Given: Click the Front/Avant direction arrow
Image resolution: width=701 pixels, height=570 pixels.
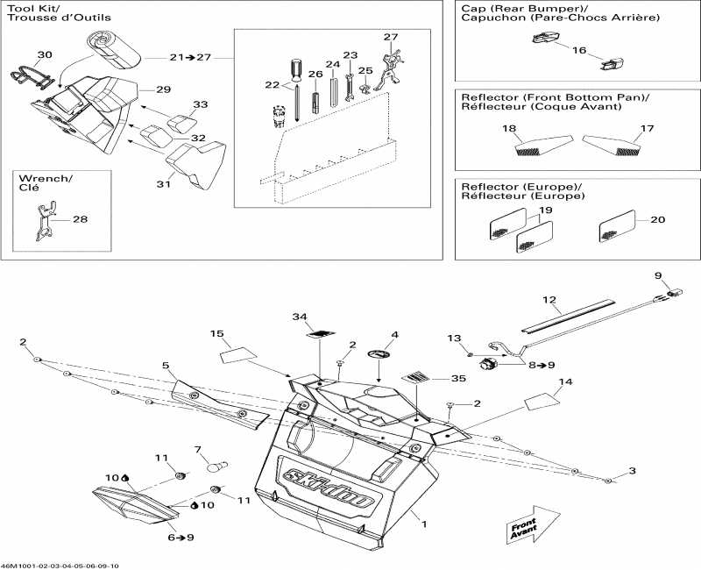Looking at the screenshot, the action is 533,524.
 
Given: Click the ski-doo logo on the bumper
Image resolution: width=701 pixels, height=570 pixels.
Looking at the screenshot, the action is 328,488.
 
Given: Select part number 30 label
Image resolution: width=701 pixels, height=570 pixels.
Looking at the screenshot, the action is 45,54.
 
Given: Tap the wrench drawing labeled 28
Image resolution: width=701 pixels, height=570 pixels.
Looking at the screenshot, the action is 46,221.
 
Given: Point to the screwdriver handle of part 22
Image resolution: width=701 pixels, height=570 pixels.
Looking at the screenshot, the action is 296,69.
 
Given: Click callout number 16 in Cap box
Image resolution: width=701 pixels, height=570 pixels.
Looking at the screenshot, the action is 579,50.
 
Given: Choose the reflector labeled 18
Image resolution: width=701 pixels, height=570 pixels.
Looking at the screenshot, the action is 543,145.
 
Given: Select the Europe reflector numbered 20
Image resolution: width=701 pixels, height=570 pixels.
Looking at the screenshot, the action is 617,226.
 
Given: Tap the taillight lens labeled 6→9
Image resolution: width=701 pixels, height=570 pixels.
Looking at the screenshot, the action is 133,506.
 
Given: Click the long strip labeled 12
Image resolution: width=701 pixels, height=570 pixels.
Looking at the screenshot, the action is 568,316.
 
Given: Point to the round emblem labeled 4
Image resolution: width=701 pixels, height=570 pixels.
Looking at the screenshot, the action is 379,354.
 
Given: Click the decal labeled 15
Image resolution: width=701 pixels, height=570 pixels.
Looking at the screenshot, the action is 238,356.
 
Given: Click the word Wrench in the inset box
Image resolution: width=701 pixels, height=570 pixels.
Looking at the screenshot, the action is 44,179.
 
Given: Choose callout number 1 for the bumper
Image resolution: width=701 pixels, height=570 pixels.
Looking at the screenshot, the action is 424,524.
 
